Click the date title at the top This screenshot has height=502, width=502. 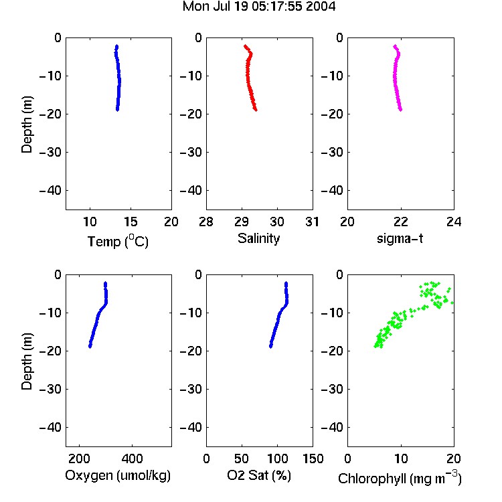(259, 7)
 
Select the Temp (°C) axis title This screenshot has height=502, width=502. (118, 241)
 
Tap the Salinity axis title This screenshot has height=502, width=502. (258, 238)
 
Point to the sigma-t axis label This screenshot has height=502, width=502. (400, 238)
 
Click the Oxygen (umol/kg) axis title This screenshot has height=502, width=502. (118, 475)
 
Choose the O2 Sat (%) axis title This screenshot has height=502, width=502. (259, 475)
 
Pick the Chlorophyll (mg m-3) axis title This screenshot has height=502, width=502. (400, 478)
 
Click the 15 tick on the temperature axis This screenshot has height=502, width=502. (131, 222)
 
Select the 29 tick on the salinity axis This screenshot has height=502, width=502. (242, 222)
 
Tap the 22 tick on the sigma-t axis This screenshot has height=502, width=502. (400, 222)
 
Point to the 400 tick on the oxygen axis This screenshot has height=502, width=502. (132, 458)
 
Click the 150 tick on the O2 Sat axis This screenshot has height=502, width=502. (313, 458)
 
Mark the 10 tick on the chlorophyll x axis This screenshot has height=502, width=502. (400, 458)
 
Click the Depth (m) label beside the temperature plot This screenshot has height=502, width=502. (27, 124)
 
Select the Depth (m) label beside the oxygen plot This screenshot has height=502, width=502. (27, 361)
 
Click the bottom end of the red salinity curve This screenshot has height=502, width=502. (256, 110)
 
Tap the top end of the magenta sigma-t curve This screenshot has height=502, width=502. (396, 46)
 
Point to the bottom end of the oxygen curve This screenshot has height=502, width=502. (90, 346)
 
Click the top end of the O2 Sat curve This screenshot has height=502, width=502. (286, 283)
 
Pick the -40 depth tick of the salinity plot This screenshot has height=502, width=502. (191, 191)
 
